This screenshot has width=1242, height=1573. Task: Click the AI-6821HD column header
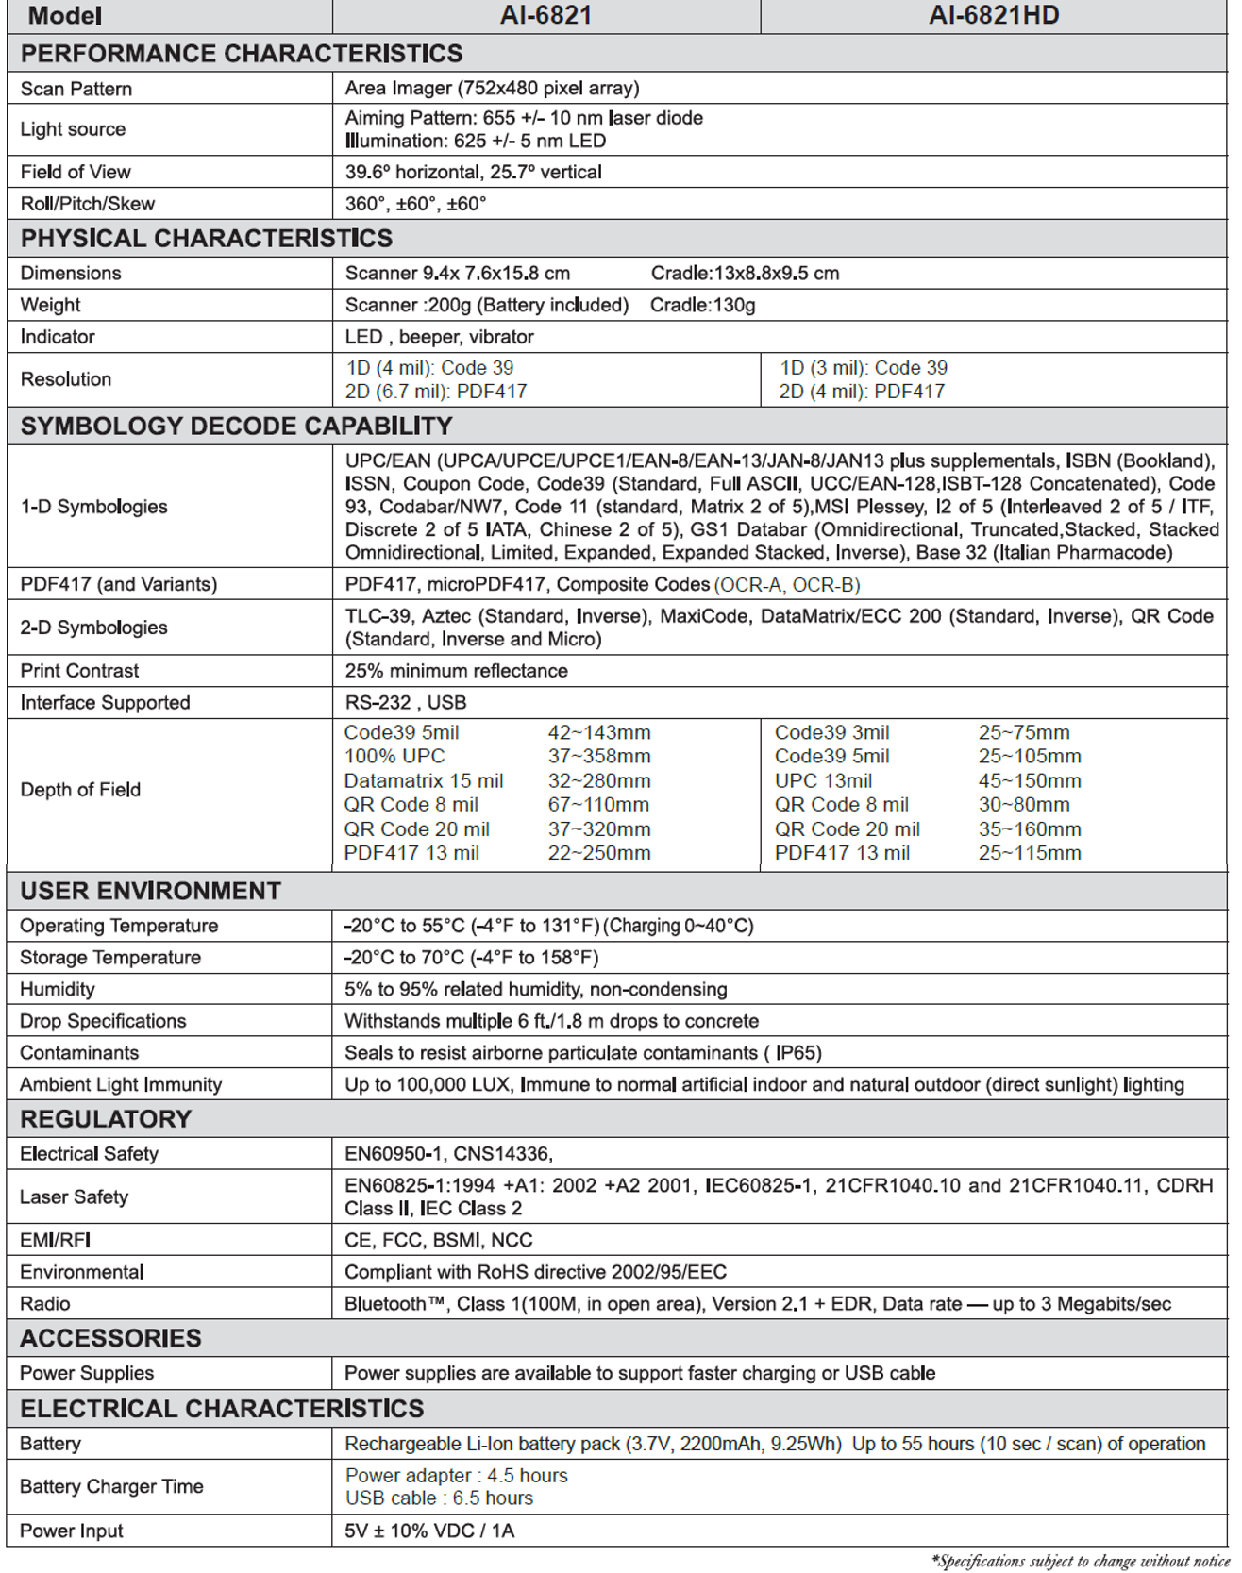click(x=994, y=15)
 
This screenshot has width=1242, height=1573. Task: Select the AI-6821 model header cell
click(x=545, y=15)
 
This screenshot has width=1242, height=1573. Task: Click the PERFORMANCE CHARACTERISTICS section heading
click(x=242, y=54)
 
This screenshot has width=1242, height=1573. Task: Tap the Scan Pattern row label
click(x=76, y=89)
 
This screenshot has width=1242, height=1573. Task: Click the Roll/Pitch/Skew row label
click(x=88, y=204)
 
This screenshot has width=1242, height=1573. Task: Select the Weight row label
click(x=51, y=305)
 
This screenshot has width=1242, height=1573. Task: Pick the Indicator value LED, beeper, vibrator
click(x=439, y=337)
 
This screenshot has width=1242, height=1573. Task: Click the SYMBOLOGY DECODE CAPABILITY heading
click(x=237, y=427)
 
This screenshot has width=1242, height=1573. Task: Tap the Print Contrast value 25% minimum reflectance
click(x=456, y=671)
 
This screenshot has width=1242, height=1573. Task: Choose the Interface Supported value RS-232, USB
click(x=406, y=703)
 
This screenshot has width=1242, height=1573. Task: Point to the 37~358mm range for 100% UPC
click(x=599, y=757)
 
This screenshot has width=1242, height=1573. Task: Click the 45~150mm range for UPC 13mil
click(x=1030, y=781)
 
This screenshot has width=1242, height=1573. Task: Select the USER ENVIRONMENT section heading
click(x=151, y=892)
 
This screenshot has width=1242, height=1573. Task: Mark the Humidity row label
click(x=58, y=990)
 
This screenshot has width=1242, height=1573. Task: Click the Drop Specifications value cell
click(x=551, y=1021)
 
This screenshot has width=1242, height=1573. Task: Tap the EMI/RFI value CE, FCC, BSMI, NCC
click(x=439, y=1241)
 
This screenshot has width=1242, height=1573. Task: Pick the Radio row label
click(x=45, y=1304)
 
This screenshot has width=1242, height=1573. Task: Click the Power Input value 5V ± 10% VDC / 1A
click(x=429, y=1531)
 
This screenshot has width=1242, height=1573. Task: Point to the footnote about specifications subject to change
click(x=1080, y=1562)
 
